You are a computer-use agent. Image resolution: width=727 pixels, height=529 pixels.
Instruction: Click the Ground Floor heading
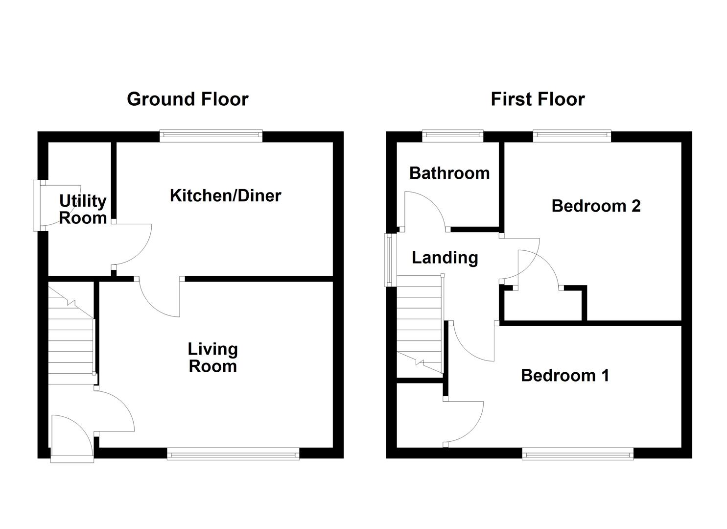click(188, 99)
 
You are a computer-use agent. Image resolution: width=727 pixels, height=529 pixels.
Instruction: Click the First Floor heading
click(538, 99)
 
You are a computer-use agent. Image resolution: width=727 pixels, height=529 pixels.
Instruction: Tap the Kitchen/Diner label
click(225, 195)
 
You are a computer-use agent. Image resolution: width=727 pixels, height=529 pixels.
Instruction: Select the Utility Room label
click(83, 209)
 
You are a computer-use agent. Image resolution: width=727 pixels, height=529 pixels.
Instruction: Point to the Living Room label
click(213, 358)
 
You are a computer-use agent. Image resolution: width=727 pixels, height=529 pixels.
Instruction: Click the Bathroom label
click(449, 173)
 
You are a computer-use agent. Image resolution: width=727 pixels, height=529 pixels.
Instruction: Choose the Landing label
click(445, 258)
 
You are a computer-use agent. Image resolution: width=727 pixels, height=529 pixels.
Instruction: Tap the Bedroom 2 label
click(596, 206)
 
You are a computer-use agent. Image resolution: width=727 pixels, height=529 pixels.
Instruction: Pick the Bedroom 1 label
click(565, 376)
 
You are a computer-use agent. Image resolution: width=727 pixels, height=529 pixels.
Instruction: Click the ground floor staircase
click(71, 338)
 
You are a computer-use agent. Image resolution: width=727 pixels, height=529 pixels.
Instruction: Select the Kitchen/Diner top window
click(211, 136)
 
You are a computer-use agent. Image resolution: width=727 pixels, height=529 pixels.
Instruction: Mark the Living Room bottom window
click(233, 455)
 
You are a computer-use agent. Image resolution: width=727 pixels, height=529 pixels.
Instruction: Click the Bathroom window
click(453, 136)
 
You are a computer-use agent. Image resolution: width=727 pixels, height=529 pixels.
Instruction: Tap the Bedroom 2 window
click(572, 136)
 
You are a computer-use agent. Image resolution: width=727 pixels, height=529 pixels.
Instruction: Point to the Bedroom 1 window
click(578, 455)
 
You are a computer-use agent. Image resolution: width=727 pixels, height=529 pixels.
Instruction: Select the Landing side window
click(390, 260)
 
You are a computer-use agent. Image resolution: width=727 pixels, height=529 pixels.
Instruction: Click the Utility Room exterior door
click(37, 205)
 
